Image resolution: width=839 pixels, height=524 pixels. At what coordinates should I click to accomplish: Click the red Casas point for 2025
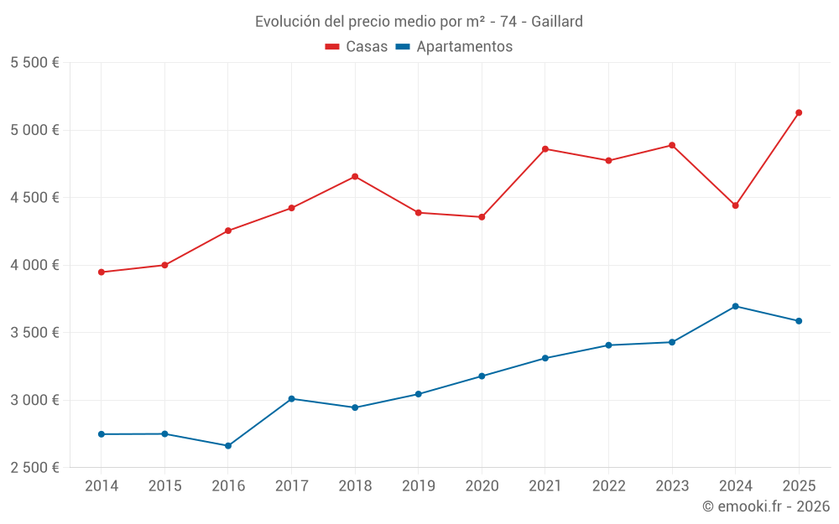[799, 112]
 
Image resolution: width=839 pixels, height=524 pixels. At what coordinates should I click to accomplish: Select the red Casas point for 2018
[355, 177]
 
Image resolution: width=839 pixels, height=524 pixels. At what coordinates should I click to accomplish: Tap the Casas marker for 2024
[736, 205]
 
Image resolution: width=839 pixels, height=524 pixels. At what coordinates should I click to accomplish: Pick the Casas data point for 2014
[102, 272]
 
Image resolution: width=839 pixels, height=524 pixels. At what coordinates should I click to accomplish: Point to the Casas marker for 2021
[545, 149]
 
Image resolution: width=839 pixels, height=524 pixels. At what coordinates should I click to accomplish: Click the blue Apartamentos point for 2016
[228, 446]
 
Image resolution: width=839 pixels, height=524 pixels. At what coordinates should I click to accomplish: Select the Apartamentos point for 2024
[736, 306]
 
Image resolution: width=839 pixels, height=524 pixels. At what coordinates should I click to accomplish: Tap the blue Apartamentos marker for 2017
[291, 399]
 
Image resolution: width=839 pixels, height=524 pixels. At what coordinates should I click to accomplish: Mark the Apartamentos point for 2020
[482, 376]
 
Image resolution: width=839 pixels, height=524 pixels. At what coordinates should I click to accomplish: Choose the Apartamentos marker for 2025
[799, 321]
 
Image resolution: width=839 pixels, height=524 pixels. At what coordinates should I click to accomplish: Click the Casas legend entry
[357, 47]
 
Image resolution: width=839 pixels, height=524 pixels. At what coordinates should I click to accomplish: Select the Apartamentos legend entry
[454, 47]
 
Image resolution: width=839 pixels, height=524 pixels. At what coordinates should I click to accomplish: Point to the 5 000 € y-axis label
[34, 130]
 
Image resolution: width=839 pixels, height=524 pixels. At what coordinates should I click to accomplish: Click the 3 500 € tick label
[34, 332]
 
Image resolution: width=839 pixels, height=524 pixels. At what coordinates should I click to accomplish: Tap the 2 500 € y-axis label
[34, 467]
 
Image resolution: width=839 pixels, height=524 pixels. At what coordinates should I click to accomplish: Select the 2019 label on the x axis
[419, 485]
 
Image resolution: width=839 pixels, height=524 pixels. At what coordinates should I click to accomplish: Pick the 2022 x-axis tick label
[609, 485]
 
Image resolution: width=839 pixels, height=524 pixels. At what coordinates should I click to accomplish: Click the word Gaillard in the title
[557, 22]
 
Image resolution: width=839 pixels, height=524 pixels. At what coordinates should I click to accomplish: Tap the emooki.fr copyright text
[766, 506]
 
